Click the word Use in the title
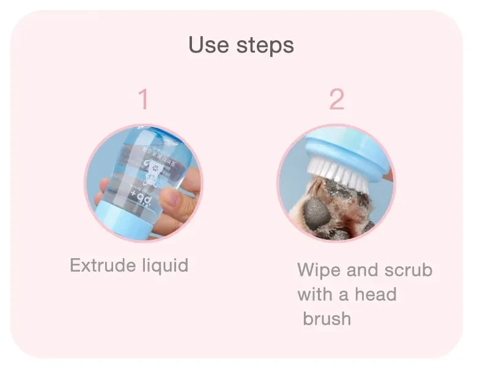208,45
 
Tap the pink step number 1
143,99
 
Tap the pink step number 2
336,99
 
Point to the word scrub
408,270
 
